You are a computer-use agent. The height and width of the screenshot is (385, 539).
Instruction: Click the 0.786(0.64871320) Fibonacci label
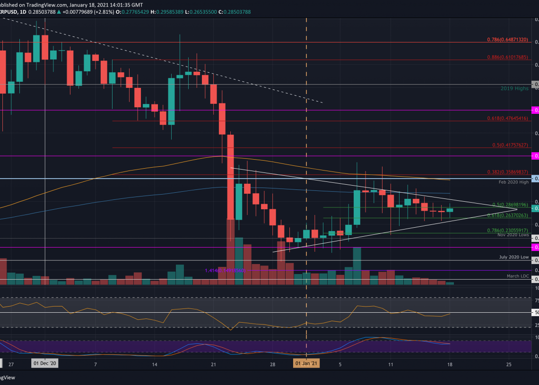coord(508,40)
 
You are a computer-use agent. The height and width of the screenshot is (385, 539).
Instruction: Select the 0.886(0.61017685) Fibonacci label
coord(508,57)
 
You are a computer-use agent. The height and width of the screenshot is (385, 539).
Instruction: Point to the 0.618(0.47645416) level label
coord(508,119)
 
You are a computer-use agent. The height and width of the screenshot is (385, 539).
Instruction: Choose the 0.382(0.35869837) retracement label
coord(508,173)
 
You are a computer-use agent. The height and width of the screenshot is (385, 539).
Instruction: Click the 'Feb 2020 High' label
coord(513,181)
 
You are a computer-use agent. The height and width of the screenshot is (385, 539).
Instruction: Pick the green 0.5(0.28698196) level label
coord(510,205)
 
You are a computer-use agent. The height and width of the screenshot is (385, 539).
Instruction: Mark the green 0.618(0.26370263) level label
coord(508,215)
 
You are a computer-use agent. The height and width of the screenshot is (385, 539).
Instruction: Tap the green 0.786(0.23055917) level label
coord(508,230)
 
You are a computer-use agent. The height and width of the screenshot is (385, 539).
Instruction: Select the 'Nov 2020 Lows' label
coord(513,235)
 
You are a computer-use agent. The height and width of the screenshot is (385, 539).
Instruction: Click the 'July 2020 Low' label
coord(514,257)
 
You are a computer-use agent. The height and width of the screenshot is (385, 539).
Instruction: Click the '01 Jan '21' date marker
coord(306,364)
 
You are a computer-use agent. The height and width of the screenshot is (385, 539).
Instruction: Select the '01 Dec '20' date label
coord(44,364)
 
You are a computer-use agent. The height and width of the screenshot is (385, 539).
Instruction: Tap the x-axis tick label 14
coord(155,364)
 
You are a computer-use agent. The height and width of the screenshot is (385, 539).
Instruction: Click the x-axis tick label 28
coord(273,364)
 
